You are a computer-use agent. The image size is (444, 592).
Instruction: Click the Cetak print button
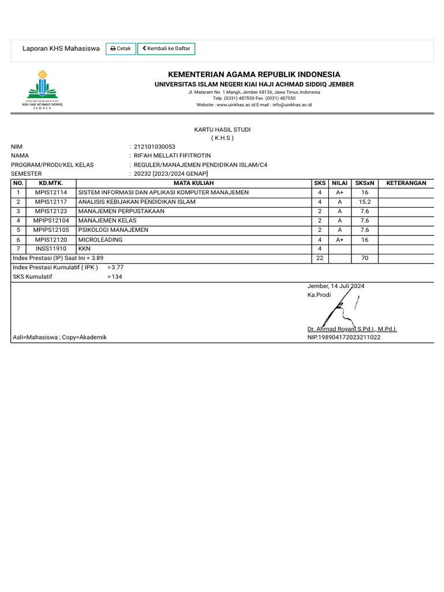pyautogui.click(x=121, y=49)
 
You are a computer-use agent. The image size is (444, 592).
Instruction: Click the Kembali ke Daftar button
pyautogui.click(x=166, y=49)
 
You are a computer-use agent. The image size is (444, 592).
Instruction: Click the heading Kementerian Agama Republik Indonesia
pyautogui.click(x=254, y=75)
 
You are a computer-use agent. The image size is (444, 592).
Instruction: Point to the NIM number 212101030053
pyautogui.click(x=154, y=147)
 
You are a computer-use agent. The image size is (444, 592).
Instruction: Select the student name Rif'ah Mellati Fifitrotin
pyautogui.click(x=172, y=156)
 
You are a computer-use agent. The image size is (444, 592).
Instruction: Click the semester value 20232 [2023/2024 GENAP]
pyautogui.click(x=171, y=173)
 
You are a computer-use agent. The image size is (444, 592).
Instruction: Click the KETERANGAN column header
pyautogui.click(x=406, y=183)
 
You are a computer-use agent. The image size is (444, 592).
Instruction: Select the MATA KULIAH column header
pyautogui.click(x=194, y=183)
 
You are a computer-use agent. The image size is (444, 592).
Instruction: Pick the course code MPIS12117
pyautogui.click(x=51, y=202)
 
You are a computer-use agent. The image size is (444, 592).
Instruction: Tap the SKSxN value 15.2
pyautogui.click(x=364, y=202)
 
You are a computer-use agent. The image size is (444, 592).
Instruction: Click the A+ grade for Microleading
pyautogui.click(x=339, y=239)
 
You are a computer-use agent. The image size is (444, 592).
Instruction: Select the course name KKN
pyautogui.click(x=84, y=249)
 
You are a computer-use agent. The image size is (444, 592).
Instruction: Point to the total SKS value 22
pyautogui.click(x=319, y=258)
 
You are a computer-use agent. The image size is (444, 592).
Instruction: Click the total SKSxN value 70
pyautogui.click(x=364, y=258)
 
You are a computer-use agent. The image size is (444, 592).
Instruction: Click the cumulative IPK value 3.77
pyautogui.click(x=117, y=267)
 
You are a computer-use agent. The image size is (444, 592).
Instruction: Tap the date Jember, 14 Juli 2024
pyautogui.click(x=336, y=286)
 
